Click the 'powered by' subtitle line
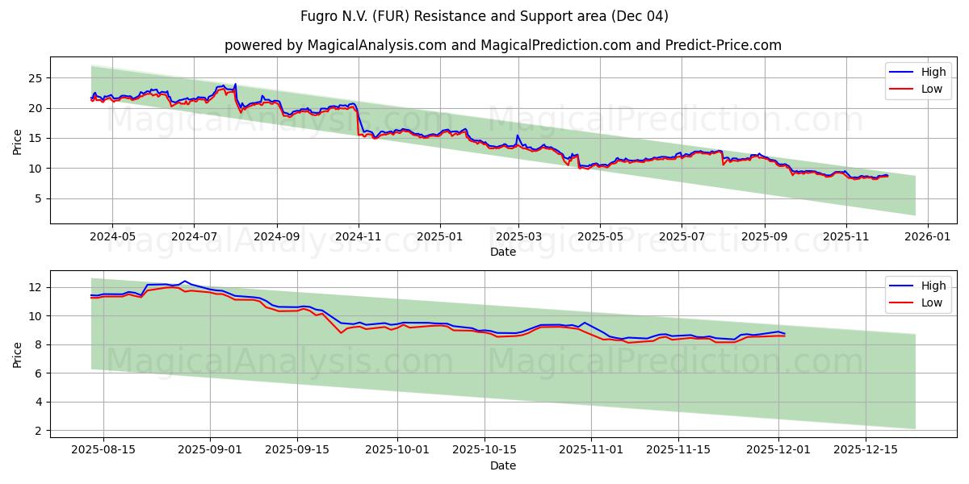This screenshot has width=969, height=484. coord(502,45)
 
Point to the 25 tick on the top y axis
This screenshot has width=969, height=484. coord(36,78)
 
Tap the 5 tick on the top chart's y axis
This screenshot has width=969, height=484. coord(39,198)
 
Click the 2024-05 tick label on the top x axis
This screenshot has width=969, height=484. coord(111,238)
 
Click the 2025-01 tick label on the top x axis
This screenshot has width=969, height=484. coord(440,238)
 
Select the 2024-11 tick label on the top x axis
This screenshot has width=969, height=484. coord(358,238)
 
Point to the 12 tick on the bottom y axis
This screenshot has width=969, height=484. coord(36,287)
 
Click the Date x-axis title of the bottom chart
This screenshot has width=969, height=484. coord(502,466)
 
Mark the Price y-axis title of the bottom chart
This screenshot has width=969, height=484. coord(18,353)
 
